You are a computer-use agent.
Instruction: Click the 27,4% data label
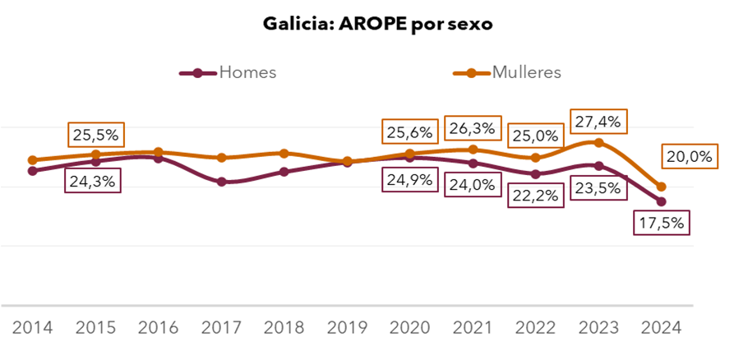coord(598,122)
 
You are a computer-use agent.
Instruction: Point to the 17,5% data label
coord(662,223)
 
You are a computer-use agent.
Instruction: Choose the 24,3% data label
coord(92,180)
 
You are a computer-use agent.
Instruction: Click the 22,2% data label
coord(536,195)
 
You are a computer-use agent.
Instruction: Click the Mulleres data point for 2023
coord(599,143)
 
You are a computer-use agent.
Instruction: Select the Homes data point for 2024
coord(661,201)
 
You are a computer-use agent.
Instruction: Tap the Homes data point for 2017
coord(222,182)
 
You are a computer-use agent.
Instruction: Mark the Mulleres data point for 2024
coord(662,187)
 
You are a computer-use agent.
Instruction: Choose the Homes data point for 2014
coord(33,171)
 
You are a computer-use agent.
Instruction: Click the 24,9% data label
coord(409,179)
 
